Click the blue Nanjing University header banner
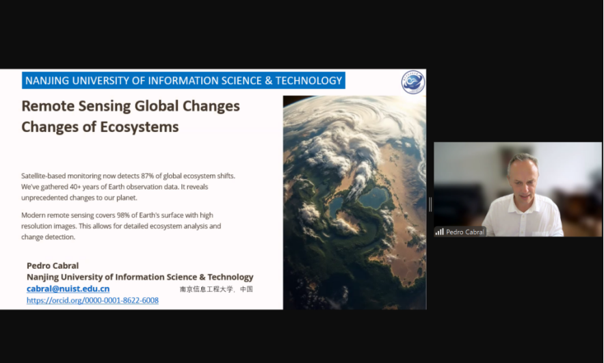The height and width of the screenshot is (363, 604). click(183, 81)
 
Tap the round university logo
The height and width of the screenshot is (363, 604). click(413, 82)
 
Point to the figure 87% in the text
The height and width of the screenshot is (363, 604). click(147, 176)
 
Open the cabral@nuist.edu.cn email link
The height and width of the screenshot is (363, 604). click(68, 288)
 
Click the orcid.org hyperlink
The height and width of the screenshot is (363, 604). click(92, 300)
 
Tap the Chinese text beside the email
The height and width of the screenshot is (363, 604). click(216, 289)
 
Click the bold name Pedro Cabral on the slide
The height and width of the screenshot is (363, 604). click(53, 266)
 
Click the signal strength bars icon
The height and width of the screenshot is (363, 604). click(440, 232)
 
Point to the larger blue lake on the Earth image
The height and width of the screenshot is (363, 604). click(373, 198)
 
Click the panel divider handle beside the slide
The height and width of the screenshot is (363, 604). click(430, 204)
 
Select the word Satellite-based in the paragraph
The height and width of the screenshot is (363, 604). click(44, 176)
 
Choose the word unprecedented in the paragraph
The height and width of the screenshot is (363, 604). click(44, 198)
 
